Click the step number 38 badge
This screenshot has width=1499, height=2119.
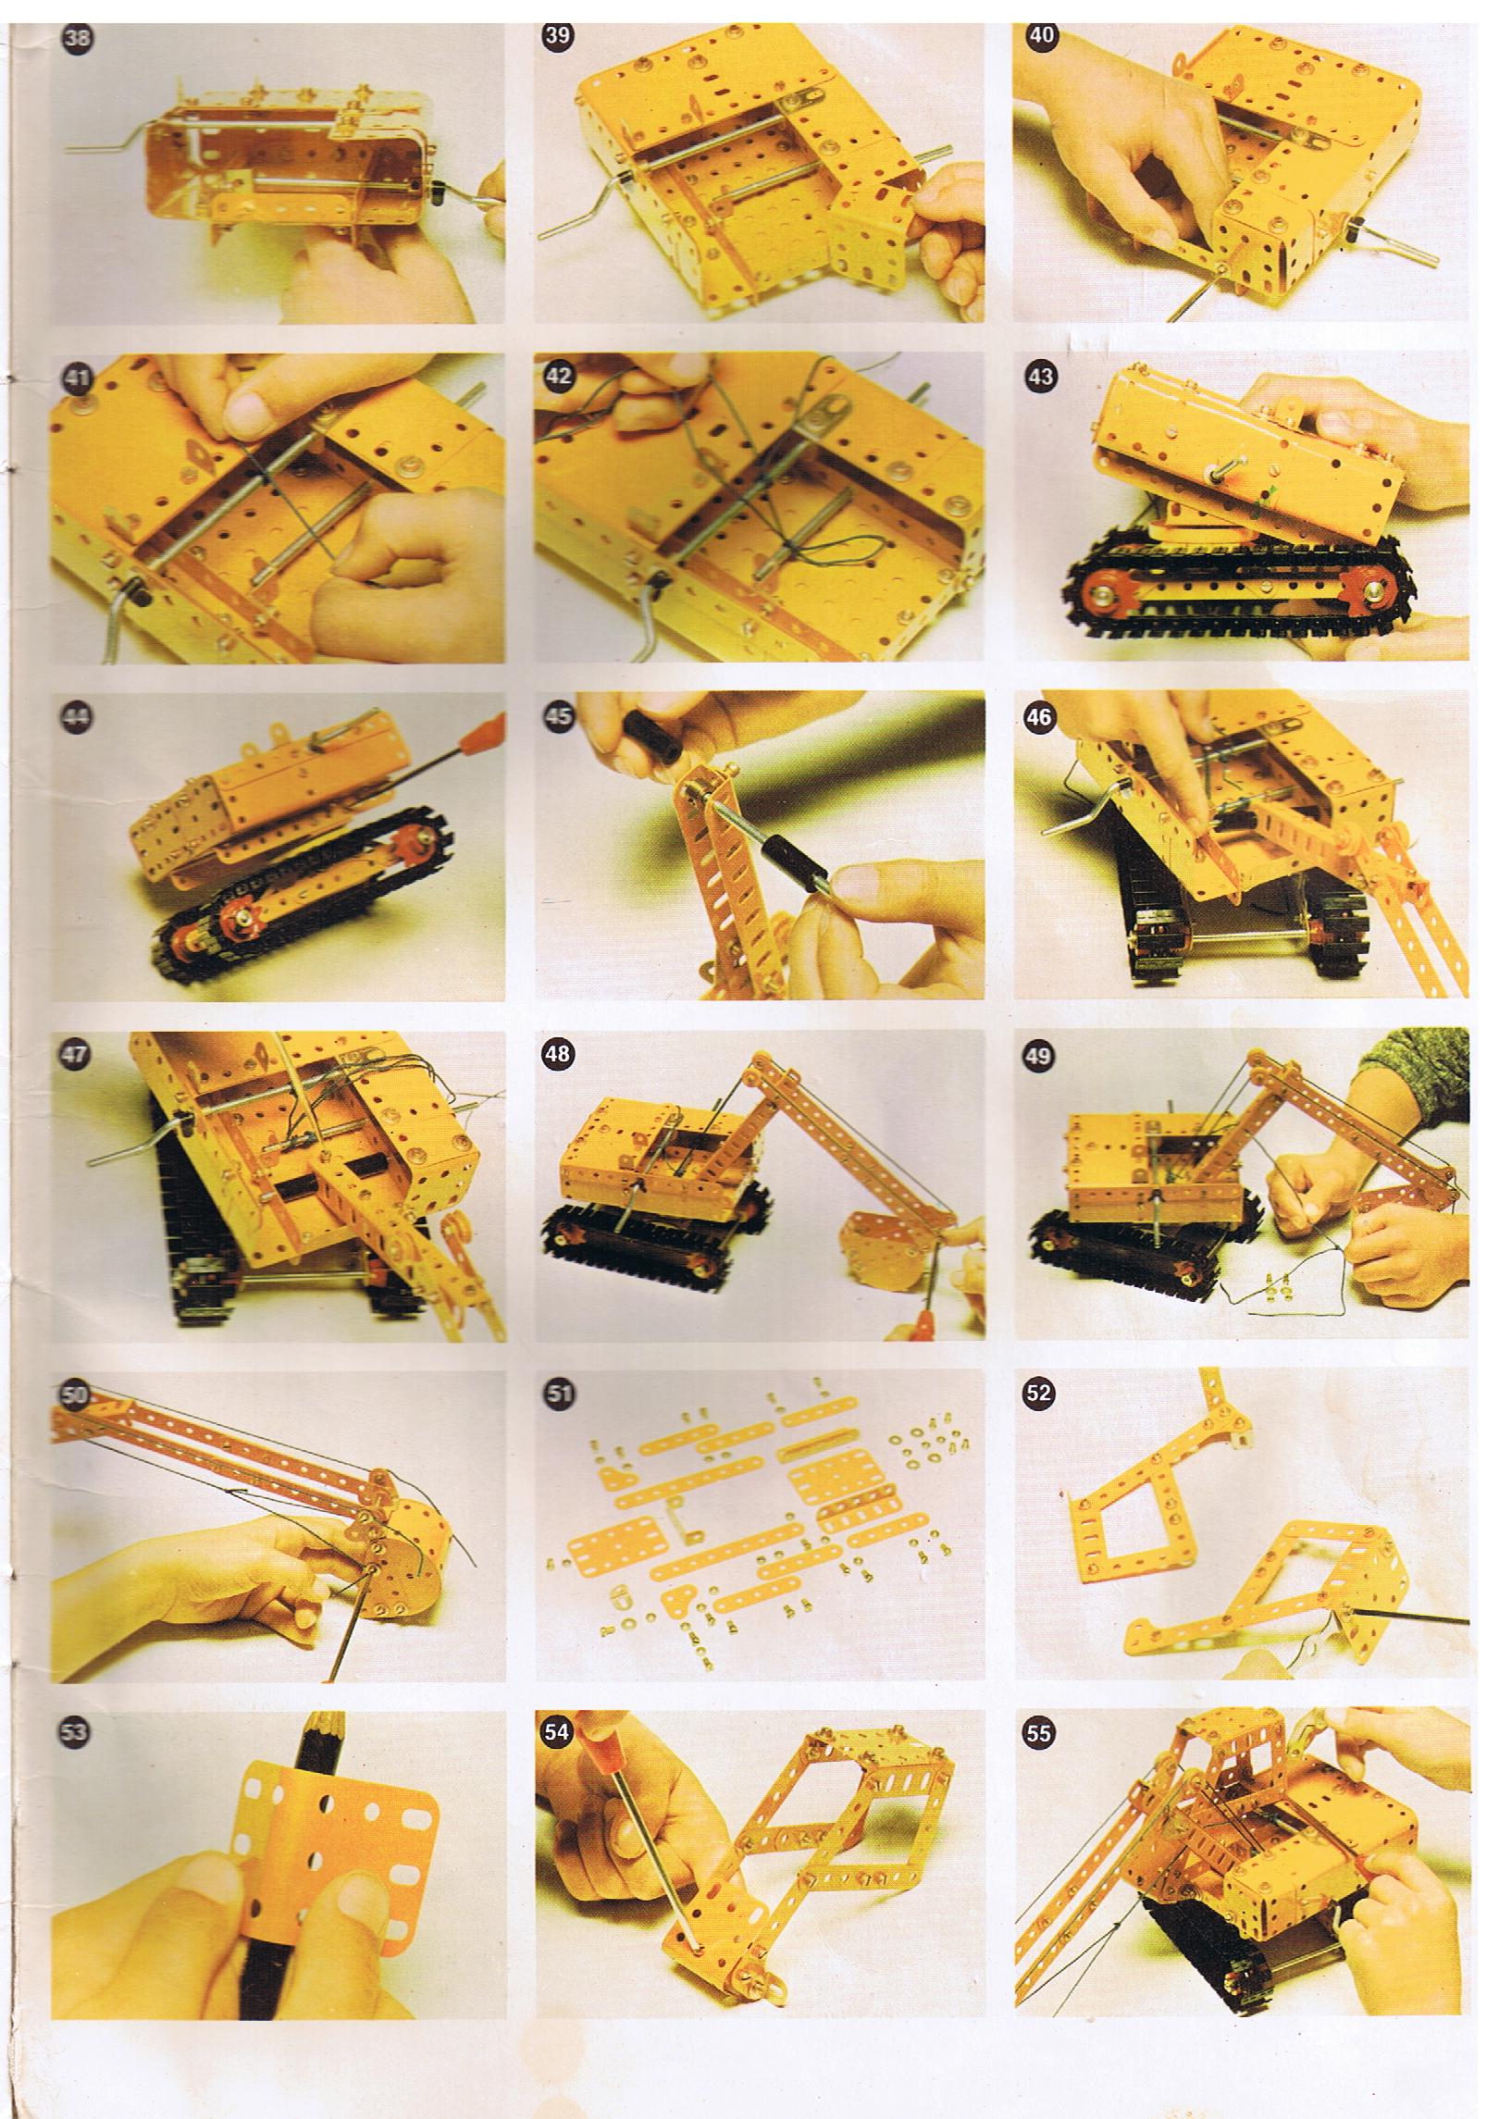click(x=73, y=38)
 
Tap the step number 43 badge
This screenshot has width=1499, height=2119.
click(x=1040, y=378)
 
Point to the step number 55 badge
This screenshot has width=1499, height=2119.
click(x=1039, y=1733)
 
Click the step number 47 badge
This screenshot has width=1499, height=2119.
click(x=74, y=1057)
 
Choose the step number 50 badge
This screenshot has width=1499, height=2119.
click(x=74, y=1397)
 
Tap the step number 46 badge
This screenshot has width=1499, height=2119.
click(x=1039, y=717)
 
